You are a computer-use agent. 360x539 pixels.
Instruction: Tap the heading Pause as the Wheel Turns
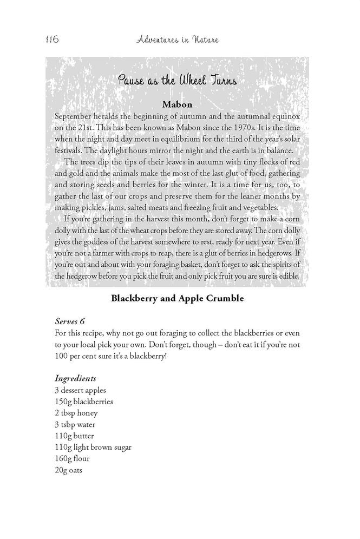(179, 81)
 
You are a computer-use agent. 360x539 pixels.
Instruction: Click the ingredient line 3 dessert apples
(81, 390)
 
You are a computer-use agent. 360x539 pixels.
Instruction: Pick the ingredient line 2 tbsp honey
(77, 413)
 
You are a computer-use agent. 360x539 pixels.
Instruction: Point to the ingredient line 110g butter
(75, 436)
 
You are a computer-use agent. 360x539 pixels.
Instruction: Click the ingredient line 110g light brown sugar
(93, 448)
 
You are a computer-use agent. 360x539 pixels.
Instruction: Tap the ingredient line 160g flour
(73, 459)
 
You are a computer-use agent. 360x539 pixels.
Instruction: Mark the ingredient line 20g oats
(69, 470)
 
